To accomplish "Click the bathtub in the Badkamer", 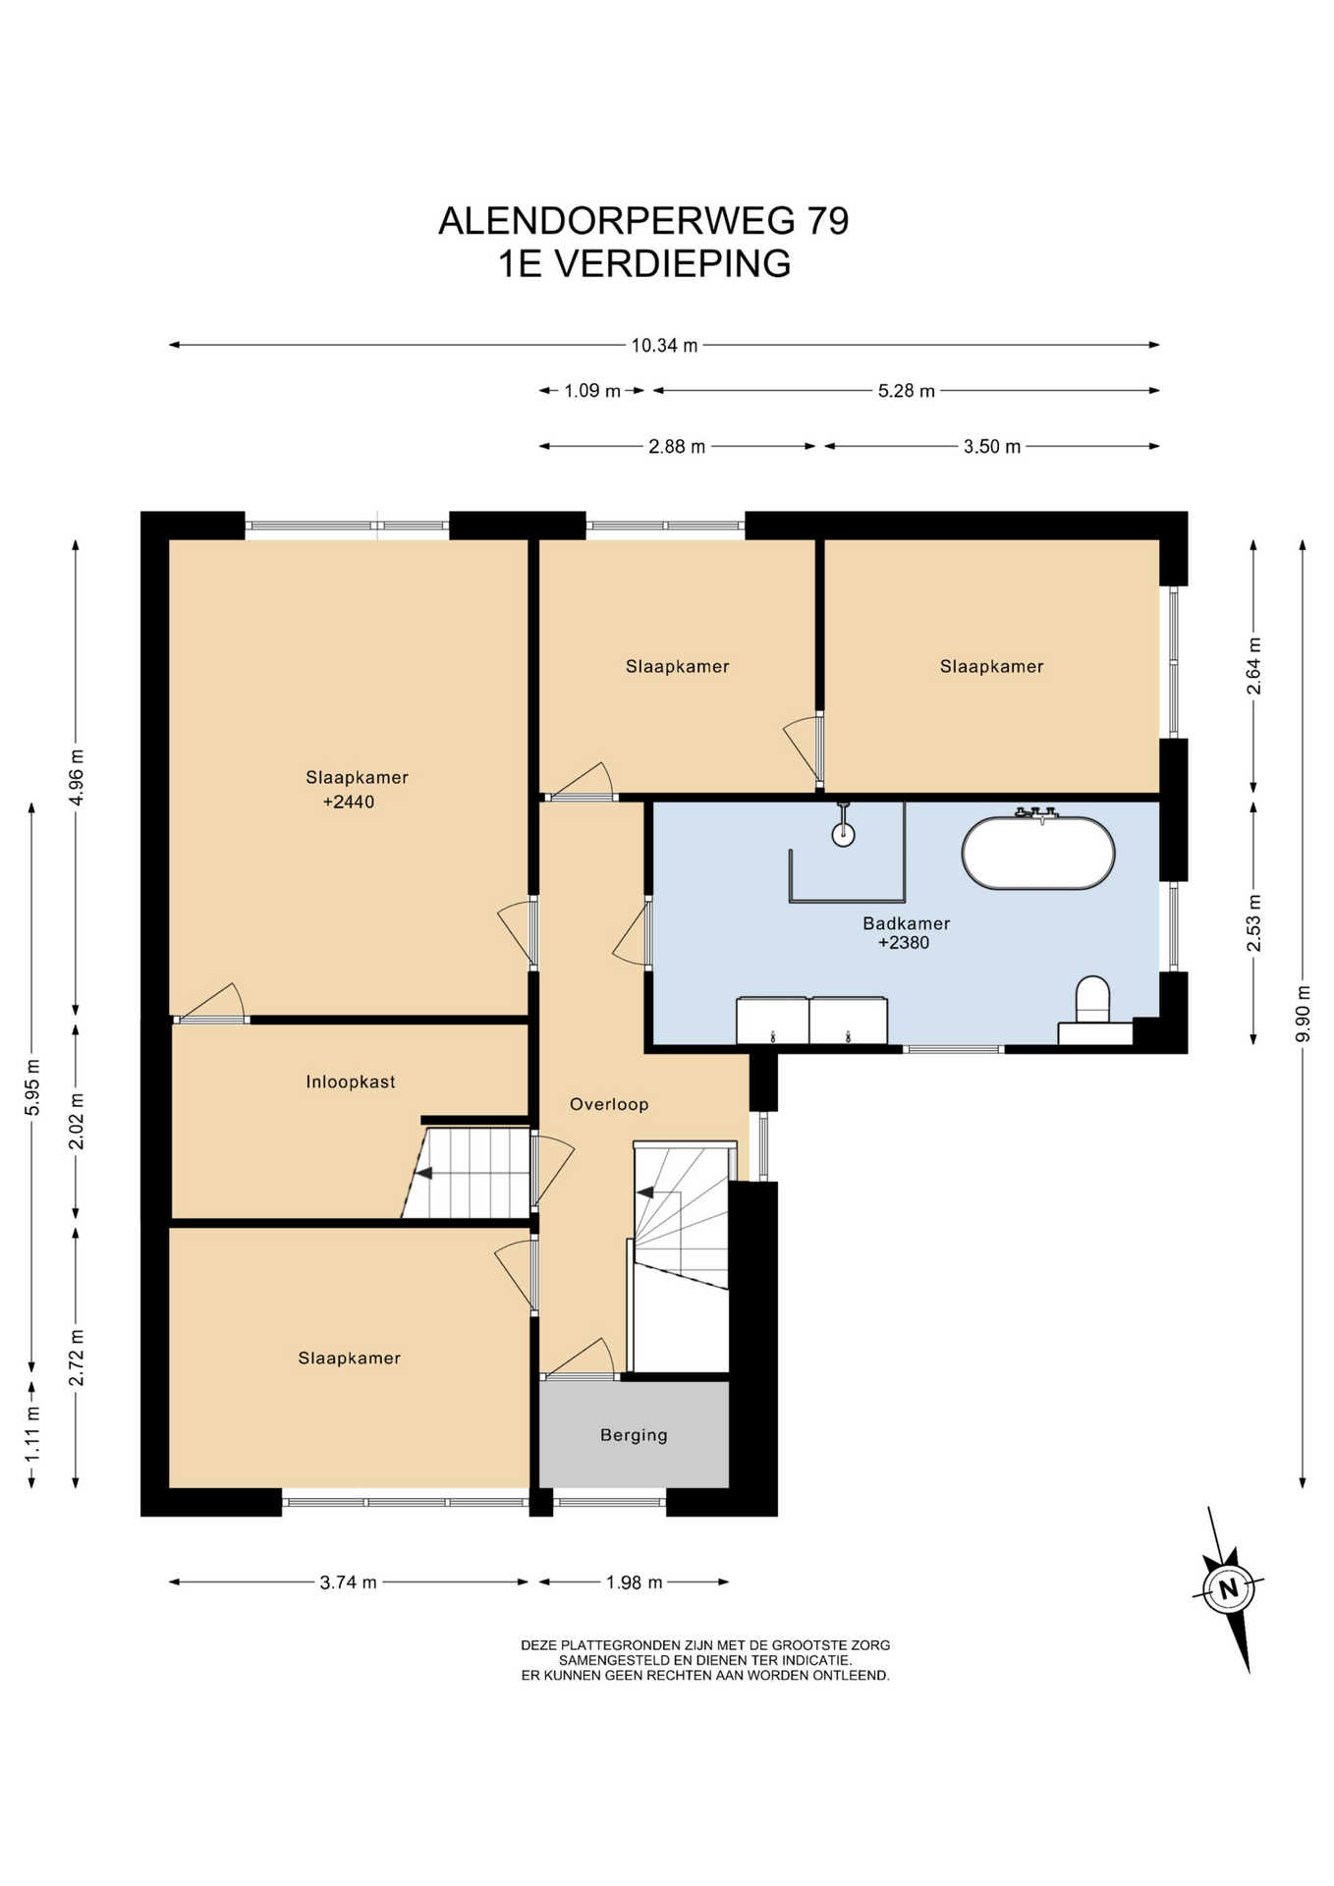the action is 1038,853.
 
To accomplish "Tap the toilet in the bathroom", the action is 1092,1000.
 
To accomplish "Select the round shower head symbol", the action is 843,835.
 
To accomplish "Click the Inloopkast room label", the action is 351,1082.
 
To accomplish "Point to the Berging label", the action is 634,1435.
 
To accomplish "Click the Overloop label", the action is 609,1104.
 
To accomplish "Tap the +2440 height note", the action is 349,802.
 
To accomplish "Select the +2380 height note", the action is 904,943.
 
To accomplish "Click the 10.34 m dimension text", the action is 665,346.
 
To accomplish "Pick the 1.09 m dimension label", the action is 592,391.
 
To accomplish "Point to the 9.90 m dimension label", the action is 1304,1014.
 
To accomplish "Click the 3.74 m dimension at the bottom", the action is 349,1582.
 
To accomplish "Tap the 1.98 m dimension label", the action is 635,1582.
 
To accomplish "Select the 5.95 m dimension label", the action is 32,1087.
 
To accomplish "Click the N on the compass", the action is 1227,1588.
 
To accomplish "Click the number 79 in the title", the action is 828,221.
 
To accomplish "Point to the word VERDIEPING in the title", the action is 673,264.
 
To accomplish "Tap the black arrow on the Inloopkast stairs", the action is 424,1172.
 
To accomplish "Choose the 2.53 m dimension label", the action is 1254,923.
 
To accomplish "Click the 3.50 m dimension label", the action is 992,447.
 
